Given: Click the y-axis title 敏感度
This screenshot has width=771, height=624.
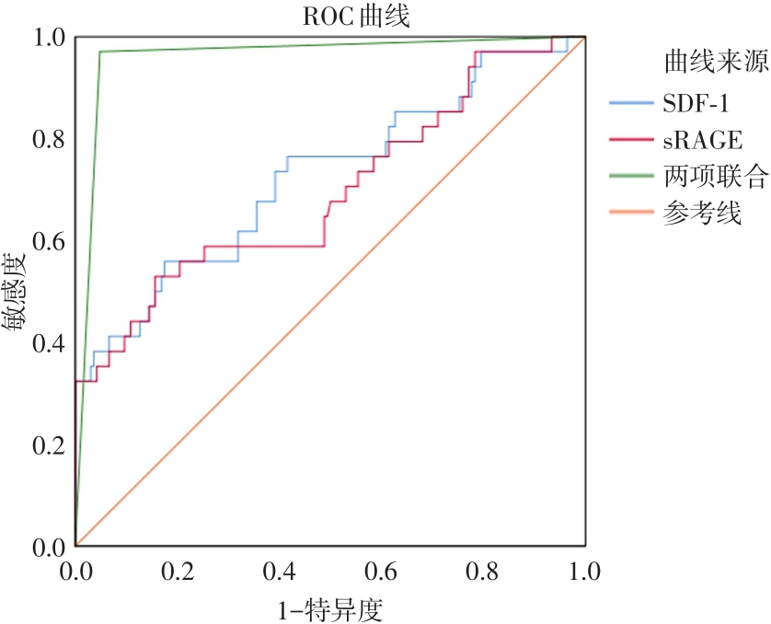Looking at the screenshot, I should [19, 292].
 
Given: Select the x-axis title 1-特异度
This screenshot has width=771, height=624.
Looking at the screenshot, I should [328, 607].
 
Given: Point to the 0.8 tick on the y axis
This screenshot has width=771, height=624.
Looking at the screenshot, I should [48, 139].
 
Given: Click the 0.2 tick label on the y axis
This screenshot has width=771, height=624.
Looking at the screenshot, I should [48, 445].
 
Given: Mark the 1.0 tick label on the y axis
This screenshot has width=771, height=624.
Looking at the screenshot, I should [48, 37].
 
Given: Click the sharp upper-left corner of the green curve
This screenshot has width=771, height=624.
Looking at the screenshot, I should [99, 52].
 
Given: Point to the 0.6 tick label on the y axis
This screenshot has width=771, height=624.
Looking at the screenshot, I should [48, 241].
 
